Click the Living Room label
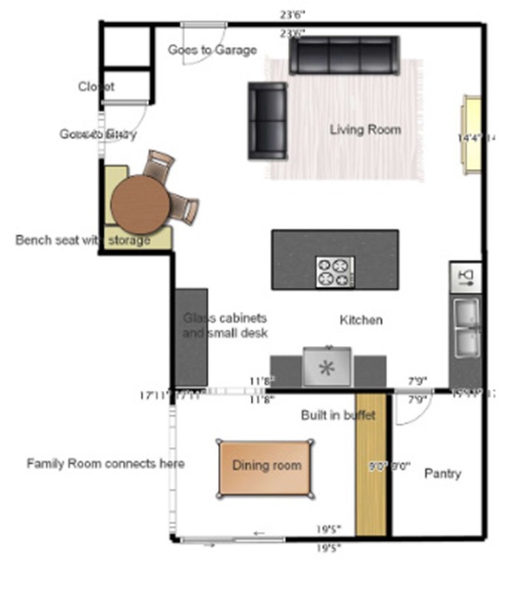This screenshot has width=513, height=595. [366, 130]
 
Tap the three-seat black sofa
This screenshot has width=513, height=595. [343, 56]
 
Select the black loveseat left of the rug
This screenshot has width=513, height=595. [268, 120]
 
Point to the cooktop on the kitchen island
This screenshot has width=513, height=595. [336, 271]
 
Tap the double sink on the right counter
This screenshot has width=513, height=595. [465, 327]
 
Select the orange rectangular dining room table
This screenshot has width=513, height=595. [266, 467]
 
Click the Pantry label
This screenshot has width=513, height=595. [442, 474]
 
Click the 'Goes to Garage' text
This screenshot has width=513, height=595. [212, 49]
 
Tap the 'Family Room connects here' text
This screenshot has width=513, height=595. [105, 464]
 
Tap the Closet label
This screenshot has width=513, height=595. [96, 87]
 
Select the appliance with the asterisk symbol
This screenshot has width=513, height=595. [326, 367]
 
